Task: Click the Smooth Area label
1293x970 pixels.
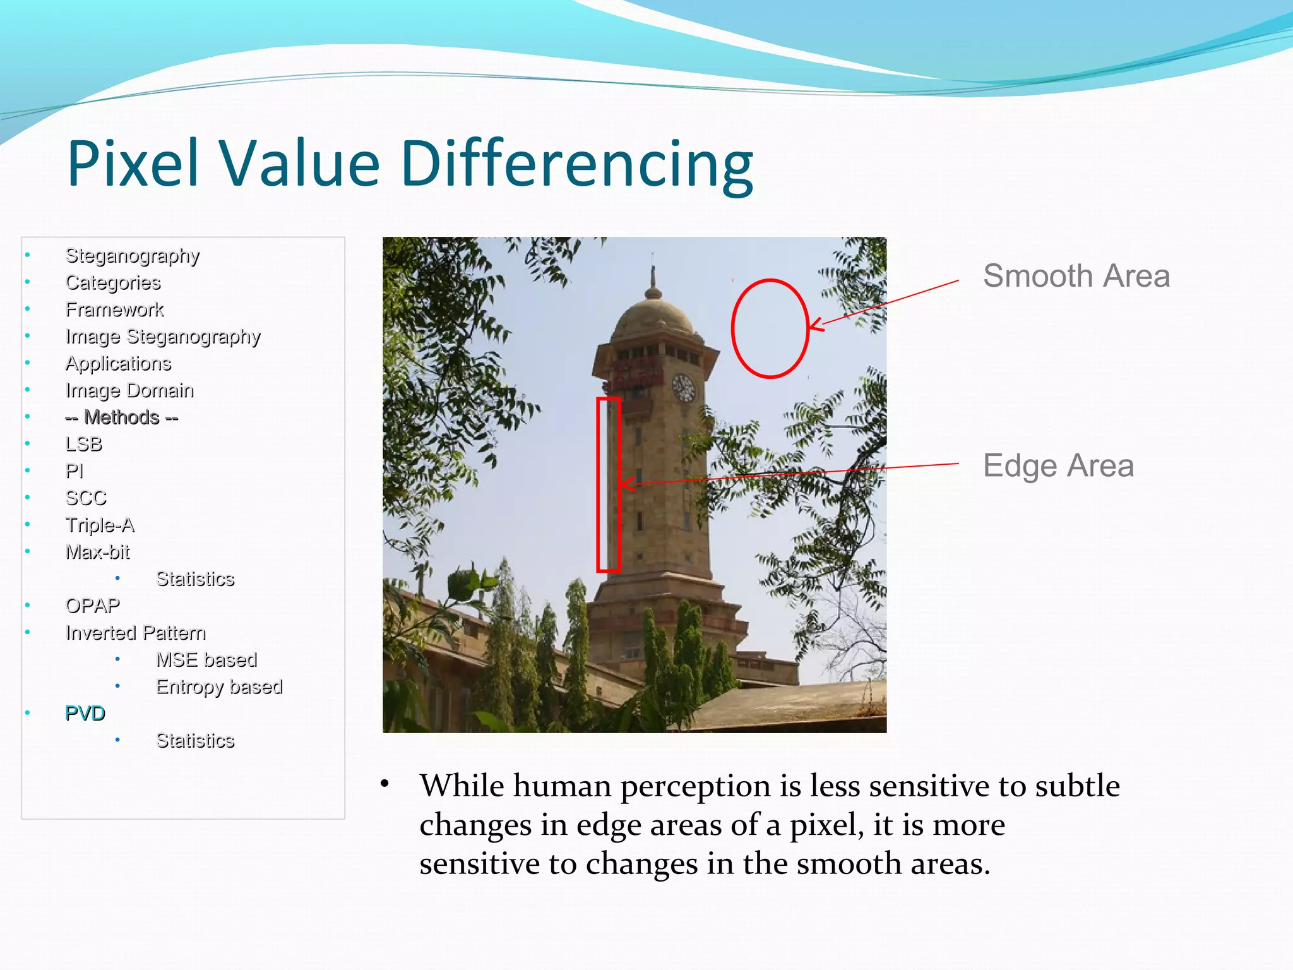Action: tap(1076, 276)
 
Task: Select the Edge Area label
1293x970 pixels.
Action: tap(1058, 466)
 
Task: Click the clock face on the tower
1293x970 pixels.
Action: tap(683, 388)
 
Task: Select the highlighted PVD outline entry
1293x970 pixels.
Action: tap(85, 713)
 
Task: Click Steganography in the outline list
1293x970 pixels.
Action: tap(132, 256)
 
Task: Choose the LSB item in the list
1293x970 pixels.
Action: tap(83, 444)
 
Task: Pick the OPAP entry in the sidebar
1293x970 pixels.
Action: tap(92, 606)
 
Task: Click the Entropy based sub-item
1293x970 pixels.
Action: tap(218, 686)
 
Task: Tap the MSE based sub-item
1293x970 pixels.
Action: tap(206, 659)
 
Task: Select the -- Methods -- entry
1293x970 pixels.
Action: tap(121, 417)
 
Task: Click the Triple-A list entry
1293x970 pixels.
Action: tap(100, 525)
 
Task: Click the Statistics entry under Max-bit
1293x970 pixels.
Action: tap(194, 578)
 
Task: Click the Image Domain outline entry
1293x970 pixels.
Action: tap(129, 390)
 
